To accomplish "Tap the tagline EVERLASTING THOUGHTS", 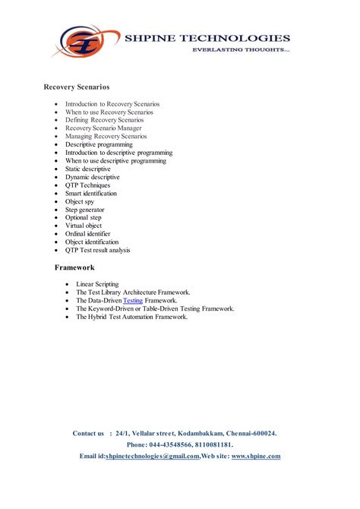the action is click(240, 49).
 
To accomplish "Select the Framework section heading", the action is click(74, 267).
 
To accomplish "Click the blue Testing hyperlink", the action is click(133, 300).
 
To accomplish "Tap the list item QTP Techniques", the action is click(87, 185).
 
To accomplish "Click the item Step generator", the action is click(85, 209).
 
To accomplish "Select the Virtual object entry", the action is click(83, 226).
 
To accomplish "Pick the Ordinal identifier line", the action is click(88, 234).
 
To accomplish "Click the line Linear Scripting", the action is click(97, 283).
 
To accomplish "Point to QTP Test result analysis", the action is click(98, 250).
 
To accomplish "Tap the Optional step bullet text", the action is click(83, 217).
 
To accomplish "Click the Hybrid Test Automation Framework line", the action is click(131, 317).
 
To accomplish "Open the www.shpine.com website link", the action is click(256, 456).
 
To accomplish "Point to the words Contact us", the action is click(88, 433).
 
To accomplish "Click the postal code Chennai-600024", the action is click(251, 433).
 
